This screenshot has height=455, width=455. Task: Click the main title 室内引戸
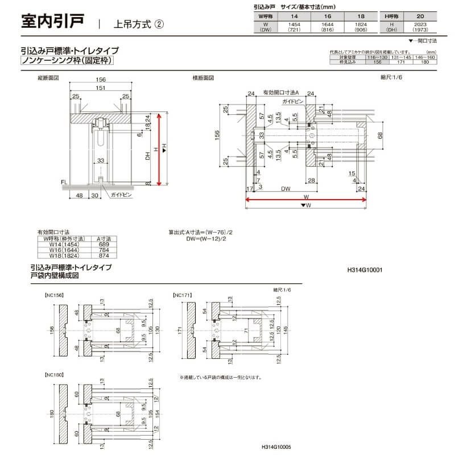pyautogui.click(x=52, y=22)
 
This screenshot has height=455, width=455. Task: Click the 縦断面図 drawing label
pyautogui.click(x=48, y=77)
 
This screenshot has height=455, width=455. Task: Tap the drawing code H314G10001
pyautogui.click(x=365, y=271)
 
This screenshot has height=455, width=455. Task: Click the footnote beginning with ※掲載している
pyautogui.click(x=220, y=377)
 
